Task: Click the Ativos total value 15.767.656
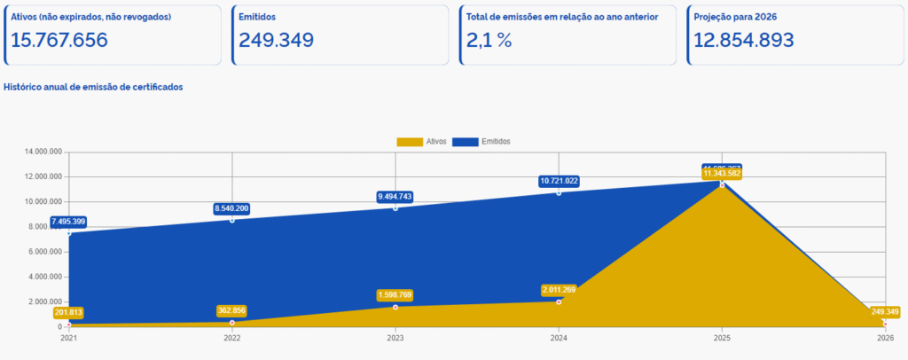[59, 40]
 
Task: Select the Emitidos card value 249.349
[276, 40]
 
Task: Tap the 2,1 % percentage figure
[489, 40]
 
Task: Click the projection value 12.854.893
[743, 40]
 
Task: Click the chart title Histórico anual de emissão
[93, 87]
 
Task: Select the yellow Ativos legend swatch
[409, 142]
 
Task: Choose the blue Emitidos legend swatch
[466, 142]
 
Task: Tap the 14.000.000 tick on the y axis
[43, 152]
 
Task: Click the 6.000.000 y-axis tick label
[44, 252]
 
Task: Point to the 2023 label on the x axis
[395, 338]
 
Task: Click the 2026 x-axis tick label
[884, 338]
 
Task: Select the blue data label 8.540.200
[232, 208]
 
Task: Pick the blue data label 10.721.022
[559, 181]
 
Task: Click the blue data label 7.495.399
[69, 222]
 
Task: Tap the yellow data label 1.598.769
[395, 295]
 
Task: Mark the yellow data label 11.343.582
[722, 174]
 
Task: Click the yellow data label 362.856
[232, 310]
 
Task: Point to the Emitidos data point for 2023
[395, 207]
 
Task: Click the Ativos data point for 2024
[559, 301]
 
